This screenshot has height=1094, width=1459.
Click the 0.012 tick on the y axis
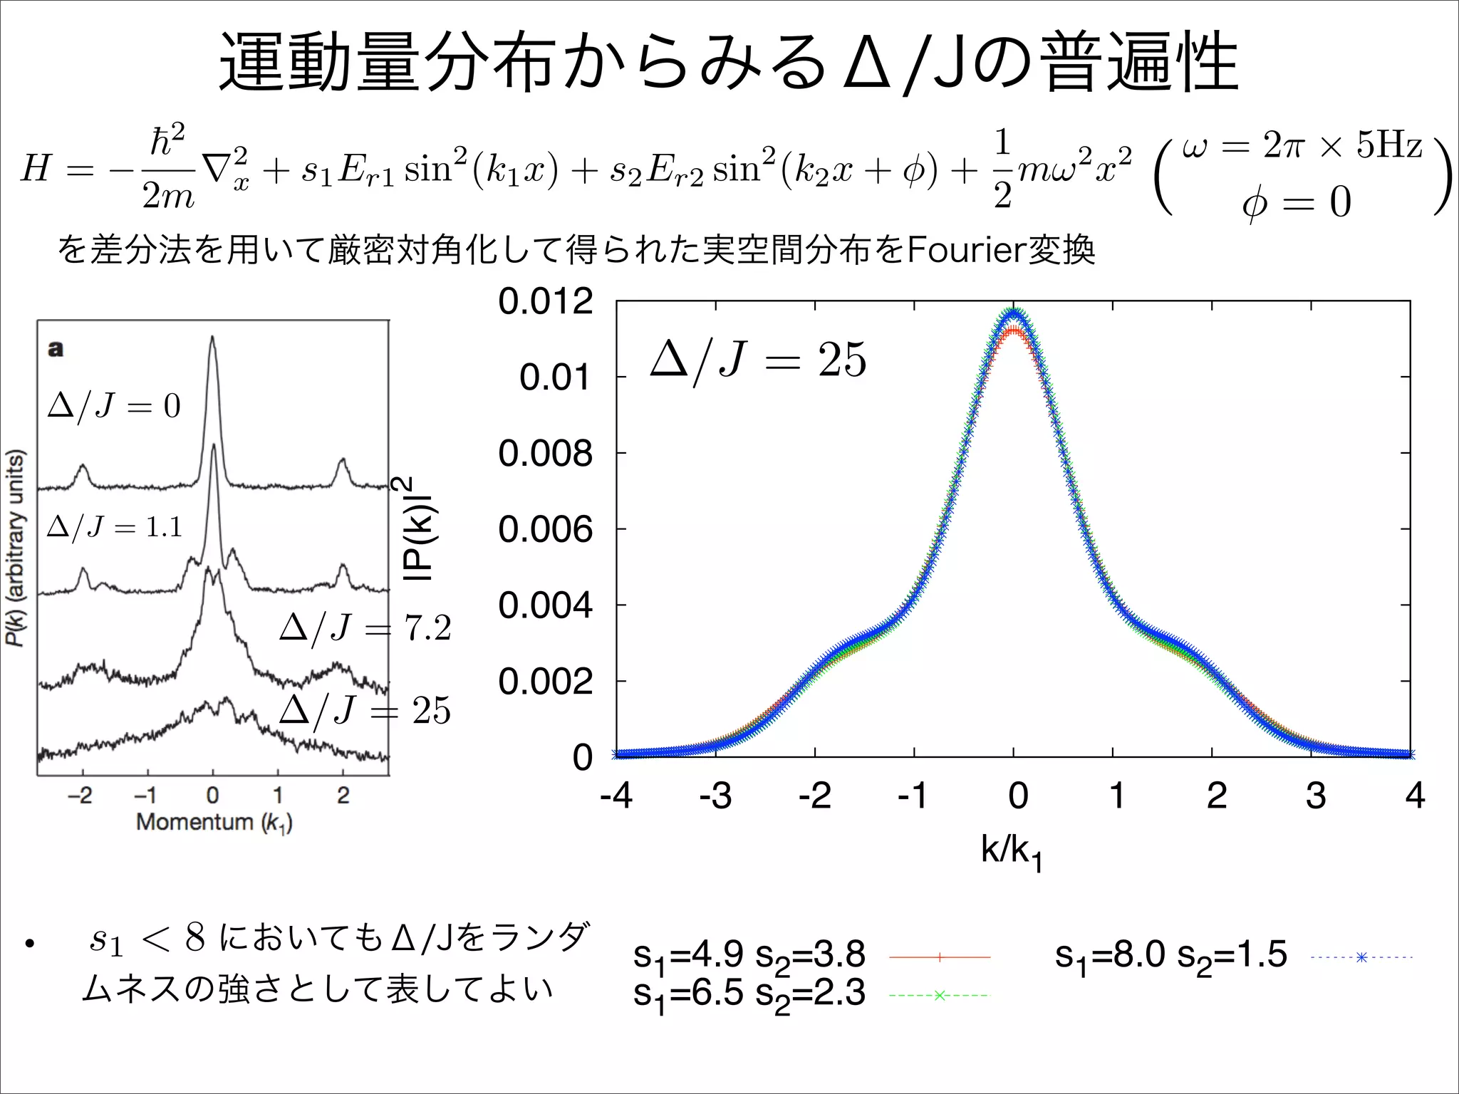[545, 301]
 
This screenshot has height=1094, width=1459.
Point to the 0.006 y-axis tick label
[545, 529]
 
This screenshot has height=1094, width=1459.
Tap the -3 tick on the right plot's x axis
[715, 796]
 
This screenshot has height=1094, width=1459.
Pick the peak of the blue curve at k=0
[1014, 312]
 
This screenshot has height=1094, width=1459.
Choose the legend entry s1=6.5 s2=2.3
[749, 994]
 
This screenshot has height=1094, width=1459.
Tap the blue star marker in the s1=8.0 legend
[1361, 957]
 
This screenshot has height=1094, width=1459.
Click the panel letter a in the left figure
[55, 349]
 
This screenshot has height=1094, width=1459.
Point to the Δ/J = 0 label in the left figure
[114, 406]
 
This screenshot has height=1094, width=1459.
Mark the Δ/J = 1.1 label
[115, 527]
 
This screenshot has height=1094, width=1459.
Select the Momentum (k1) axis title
[214, 822]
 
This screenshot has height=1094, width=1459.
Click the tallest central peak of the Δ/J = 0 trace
[212, 339]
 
